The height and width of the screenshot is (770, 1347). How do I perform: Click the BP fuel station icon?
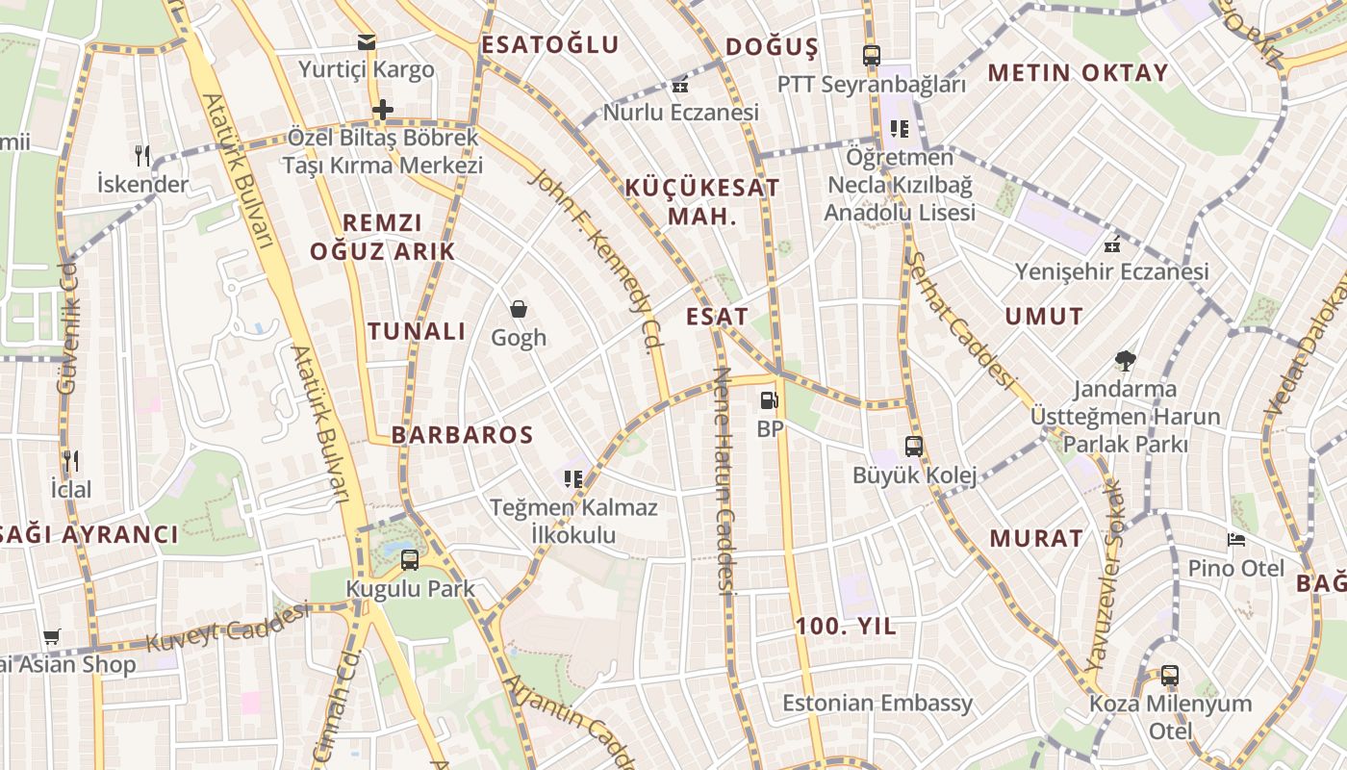768,399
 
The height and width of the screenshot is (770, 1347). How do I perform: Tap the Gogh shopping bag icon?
519,309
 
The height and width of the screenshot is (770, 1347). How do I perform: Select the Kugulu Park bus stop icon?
410,559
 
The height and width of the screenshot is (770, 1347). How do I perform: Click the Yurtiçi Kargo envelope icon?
367,42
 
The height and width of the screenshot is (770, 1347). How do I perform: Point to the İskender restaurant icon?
142,155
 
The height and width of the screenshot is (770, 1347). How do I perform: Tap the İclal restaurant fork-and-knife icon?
70,461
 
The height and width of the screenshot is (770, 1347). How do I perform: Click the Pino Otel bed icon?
1236,539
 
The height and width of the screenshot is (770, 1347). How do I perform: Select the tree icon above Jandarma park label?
1125,361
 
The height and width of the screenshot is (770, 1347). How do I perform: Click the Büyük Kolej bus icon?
914,447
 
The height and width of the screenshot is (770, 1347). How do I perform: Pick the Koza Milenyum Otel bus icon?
1170,675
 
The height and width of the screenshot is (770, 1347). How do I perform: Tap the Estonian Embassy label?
877,703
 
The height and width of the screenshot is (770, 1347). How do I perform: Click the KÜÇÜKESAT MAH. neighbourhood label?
702,201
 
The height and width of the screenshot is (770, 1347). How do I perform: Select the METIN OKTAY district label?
1078,73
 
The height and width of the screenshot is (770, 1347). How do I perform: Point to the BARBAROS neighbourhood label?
462,435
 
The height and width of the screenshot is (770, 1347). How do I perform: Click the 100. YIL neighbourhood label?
846,627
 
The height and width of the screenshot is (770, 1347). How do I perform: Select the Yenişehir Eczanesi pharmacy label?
1112,272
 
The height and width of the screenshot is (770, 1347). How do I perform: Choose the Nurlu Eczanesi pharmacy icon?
680,85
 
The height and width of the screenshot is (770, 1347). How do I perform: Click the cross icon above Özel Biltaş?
383,110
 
